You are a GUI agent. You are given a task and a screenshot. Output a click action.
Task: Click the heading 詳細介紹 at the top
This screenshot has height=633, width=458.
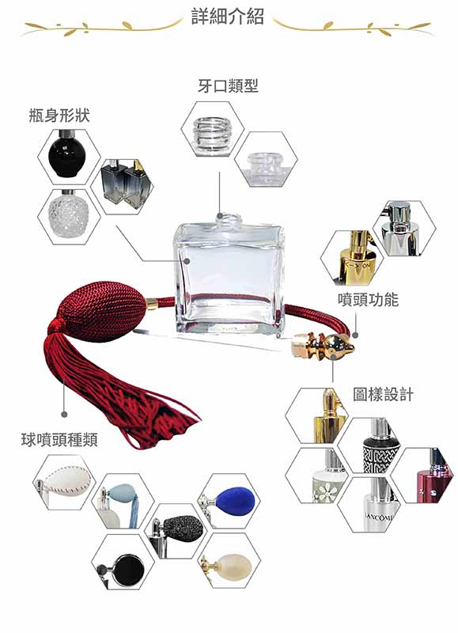tap(228, 17)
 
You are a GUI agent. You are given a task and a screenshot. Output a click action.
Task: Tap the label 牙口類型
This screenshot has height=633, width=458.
tap(228, 85)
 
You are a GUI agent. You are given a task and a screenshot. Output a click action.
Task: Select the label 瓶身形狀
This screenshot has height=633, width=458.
tap(59, 116)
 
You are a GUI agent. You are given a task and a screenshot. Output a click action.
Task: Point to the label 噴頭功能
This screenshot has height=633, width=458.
tap(368, 300)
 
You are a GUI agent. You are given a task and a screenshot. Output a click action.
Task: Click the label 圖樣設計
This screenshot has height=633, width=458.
tap(383, 394)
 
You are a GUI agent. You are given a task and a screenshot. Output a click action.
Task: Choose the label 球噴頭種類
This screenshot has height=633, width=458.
tap(59, 439)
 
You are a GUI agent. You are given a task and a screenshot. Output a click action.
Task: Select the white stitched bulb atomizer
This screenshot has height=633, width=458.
tap(64, 483)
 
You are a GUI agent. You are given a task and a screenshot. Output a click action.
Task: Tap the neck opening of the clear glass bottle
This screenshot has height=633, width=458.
tap(229, 217)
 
